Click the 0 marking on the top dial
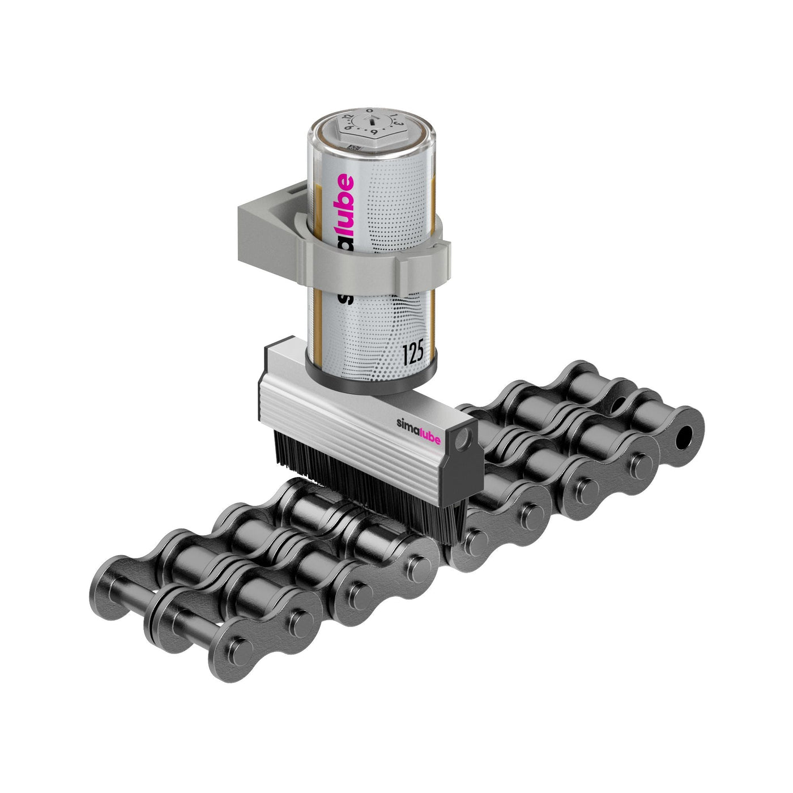369,110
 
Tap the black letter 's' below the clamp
342,297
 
